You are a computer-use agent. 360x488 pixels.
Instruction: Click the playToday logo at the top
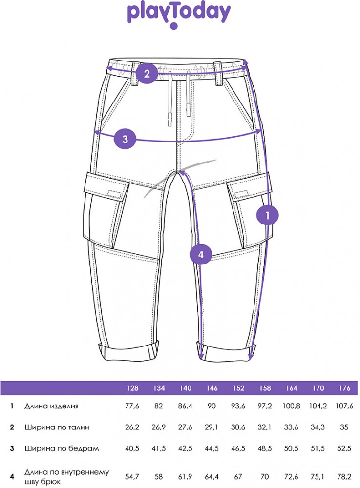click(179, 16)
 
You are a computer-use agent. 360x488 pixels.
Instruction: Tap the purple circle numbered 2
click(147, 74)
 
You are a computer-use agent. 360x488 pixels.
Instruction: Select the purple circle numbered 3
click(125, 139)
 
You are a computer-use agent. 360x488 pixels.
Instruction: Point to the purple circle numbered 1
click(268, 215)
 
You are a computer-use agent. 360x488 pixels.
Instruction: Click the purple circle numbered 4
click(201, 254)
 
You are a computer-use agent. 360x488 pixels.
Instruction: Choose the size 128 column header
click(132, 388)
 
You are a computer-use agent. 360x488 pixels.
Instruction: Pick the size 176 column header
click(344, 388)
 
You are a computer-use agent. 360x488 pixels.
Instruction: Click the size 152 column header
click(238, 388)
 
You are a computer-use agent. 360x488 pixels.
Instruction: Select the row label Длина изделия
click(51, 406)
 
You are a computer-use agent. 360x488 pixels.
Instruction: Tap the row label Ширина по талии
click(57, 427)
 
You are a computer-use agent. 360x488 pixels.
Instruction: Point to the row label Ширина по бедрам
click(62, 448)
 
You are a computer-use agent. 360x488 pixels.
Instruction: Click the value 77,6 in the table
click(132, 406)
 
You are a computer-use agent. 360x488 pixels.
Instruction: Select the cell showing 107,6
click(344, 406)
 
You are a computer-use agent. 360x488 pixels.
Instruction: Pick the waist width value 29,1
click(212, 427)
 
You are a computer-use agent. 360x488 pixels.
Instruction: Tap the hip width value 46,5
click(238, 448)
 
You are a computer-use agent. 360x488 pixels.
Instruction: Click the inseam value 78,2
click(344, 476)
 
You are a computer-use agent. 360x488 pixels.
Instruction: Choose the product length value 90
click(212, 406)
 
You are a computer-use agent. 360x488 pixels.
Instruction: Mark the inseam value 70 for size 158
click(265, 476)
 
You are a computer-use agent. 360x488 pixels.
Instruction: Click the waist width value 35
click(344, 427)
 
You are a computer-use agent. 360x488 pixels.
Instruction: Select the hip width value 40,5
click(132, 448)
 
